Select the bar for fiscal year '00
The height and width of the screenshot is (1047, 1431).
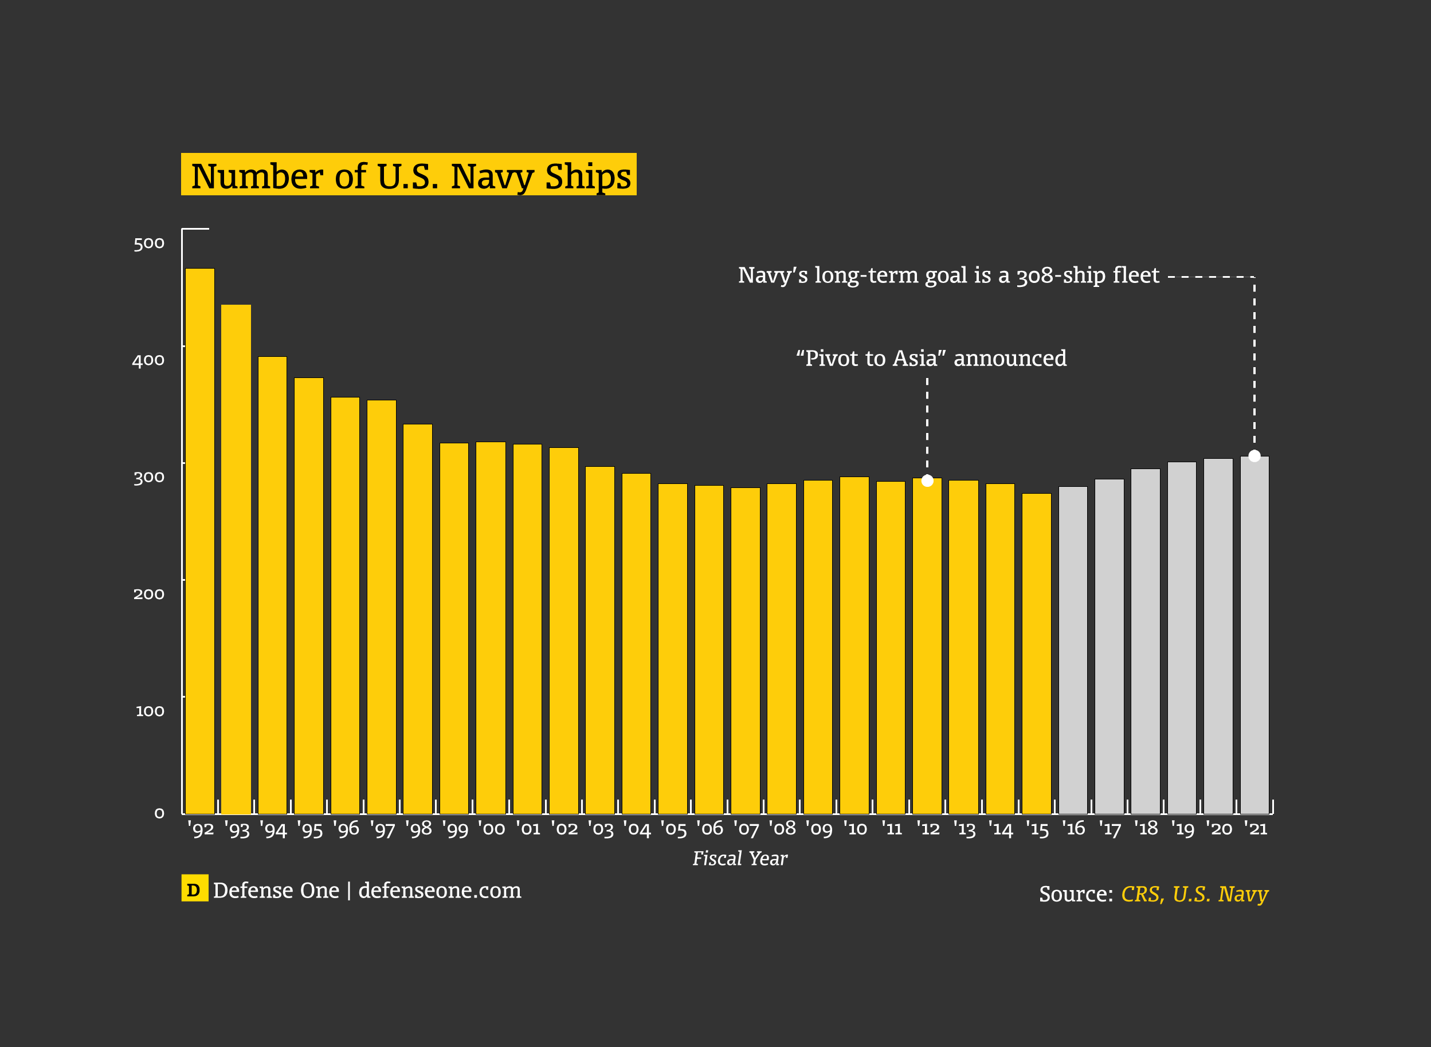[x=491, y=627]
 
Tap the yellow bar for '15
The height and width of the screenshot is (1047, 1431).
[x=1037, y=654]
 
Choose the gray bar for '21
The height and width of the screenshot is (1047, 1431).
[x=1254, y=635]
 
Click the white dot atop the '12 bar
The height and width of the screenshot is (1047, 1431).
[x=927, y=481]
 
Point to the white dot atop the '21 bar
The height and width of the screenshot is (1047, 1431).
[x=1254, y=456]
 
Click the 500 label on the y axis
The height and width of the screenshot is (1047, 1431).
[x=149, y=243]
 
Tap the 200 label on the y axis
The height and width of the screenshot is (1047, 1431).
[x=149, y=594]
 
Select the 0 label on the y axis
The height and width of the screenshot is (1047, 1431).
[x=159, y=813]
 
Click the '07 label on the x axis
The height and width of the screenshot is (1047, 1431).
[x=746, y=828]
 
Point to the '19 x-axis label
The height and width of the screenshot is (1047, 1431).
[x=1182, y=828]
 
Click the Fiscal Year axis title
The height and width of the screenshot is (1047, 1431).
[x=739, y=858]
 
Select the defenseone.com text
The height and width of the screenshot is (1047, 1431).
[x=440, y=890]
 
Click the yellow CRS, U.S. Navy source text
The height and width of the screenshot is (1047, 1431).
[x=1194, y=894]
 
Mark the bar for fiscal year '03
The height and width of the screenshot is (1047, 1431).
[x=600, y=640]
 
